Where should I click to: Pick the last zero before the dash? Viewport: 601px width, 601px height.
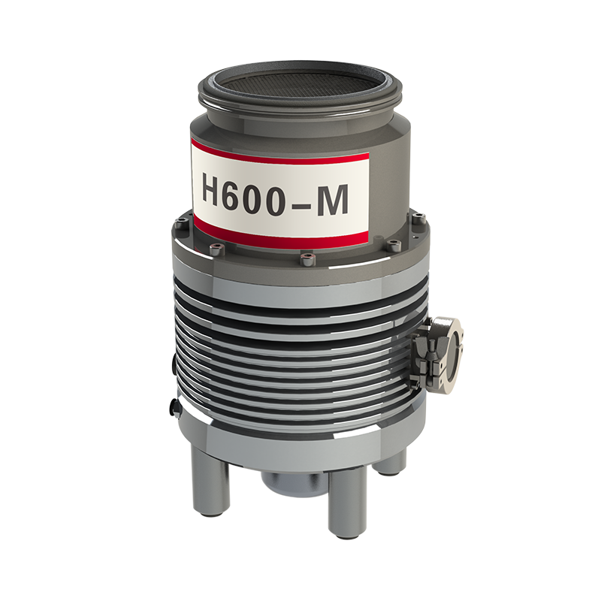pos(285,195)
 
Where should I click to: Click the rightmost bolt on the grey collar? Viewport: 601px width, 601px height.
pos(418,219)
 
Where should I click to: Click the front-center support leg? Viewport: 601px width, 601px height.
pos(343,500)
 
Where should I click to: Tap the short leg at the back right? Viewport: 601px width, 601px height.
pos(391,460)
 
